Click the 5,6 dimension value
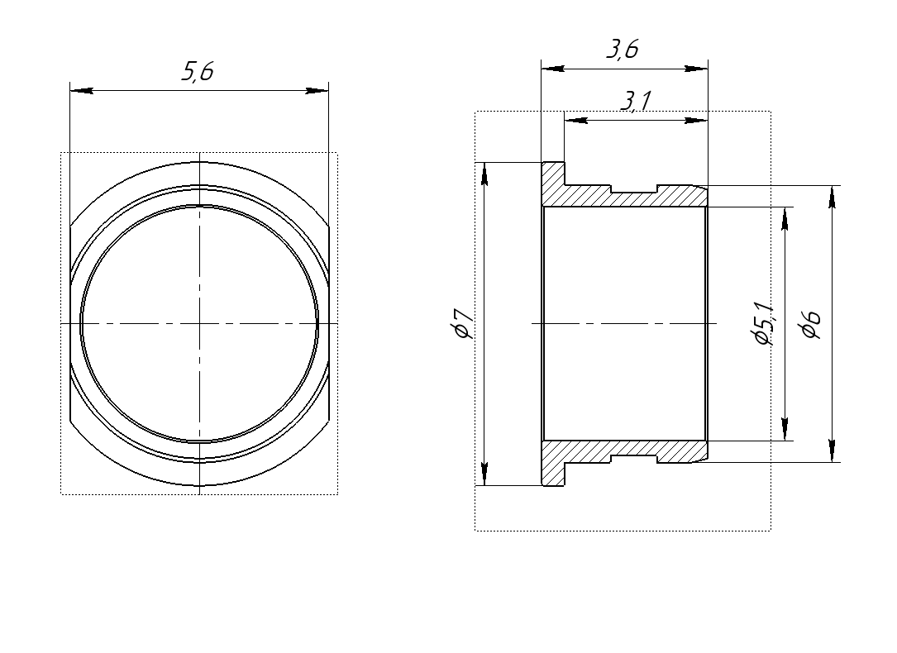click(198, 72)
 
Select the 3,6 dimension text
click(623, 50)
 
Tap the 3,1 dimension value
click(636, 101)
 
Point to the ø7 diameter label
click(462, 324)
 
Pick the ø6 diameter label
click(811, 324)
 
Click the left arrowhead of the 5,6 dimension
click(81, 90)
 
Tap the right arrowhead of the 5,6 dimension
click(317, 90)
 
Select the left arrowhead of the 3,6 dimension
click(553, 69)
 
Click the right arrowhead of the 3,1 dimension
click(696, 121)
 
